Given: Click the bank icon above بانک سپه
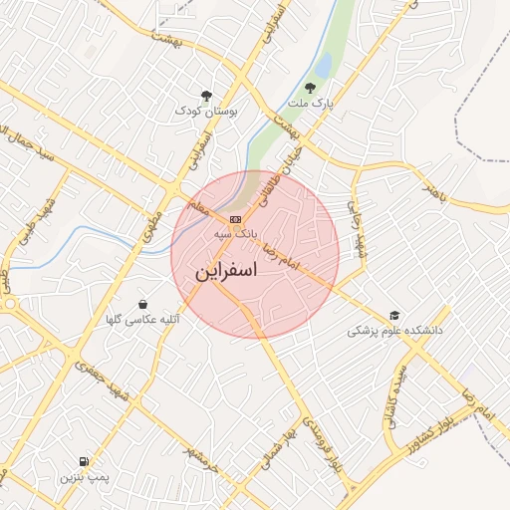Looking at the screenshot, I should tap(235, 219).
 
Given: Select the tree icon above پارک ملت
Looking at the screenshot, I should tap(322, 87).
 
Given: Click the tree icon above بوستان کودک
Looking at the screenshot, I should tap(206, 96).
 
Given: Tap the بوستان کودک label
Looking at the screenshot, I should tap(207, 112).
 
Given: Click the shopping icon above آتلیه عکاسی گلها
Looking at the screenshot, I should tap(144, 304).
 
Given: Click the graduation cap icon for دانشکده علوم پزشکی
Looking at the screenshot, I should tap(394, 316).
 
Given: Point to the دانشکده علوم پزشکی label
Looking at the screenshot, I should tap(393, 330).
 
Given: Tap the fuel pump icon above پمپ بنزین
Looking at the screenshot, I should tap(83, 461).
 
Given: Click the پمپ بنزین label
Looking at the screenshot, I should tap(82, 477).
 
